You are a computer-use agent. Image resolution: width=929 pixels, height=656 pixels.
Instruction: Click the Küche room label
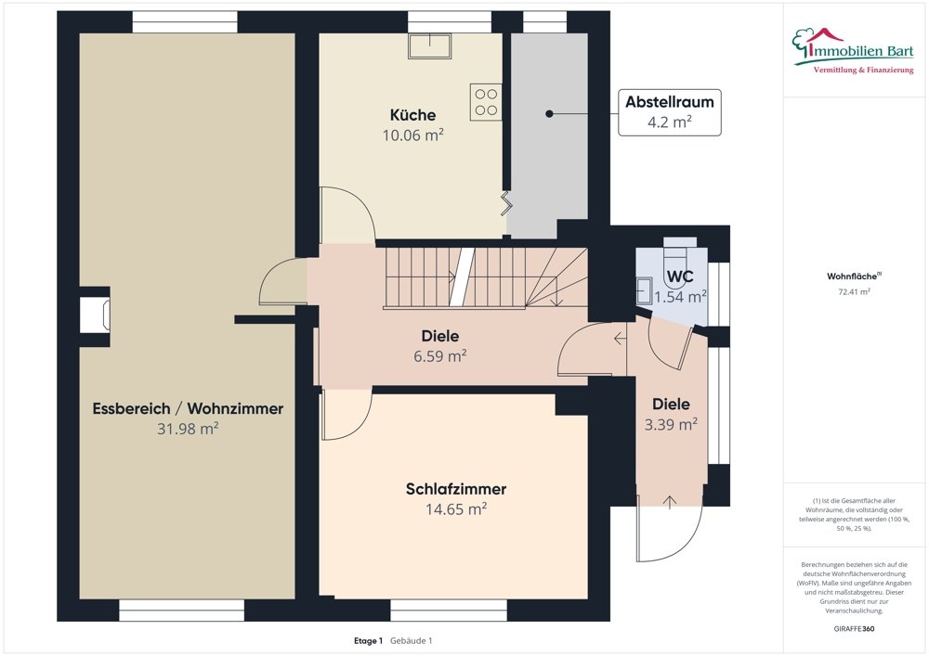pos(412,115)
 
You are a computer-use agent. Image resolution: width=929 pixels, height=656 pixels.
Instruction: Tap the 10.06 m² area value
pos(412,135)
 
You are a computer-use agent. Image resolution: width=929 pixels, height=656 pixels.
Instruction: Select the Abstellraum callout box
pos(670,112)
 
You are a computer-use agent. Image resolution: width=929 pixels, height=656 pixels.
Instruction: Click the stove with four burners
pos(486,102)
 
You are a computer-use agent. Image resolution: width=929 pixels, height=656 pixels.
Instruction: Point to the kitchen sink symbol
pos(429,45)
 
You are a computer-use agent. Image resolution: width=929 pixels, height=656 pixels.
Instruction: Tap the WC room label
pos(680,277)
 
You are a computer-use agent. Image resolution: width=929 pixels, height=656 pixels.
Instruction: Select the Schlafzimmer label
pos(455,489)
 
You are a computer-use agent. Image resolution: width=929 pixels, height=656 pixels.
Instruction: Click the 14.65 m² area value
pos(455,509)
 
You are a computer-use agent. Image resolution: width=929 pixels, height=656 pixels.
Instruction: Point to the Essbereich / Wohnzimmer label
pos(188,409)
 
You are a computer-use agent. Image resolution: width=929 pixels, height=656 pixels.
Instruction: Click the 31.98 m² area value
pos(188,429)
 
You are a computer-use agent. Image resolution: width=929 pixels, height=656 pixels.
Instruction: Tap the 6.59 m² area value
pos(439,356)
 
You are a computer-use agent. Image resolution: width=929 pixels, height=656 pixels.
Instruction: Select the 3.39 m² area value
pos(671,424)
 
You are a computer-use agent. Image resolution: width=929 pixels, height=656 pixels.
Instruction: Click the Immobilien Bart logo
pos(853,51)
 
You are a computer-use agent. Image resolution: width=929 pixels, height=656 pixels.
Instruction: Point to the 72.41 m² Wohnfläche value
pos(854,291)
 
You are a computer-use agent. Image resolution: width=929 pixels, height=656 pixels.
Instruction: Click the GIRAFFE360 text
pos(854,629)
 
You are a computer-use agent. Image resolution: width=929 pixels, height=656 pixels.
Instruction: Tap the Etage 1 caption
pos(368,640)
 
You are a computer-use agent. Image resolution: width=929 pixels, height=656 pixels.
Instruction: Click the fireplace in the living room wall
pos(95,314)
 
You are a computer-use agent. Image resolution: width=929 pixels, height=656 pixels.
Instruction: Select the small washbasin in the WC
pos(644,291)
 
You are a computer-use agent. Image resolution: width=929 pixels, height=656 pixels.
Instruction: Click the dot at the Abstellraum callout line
pos(549,113)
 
